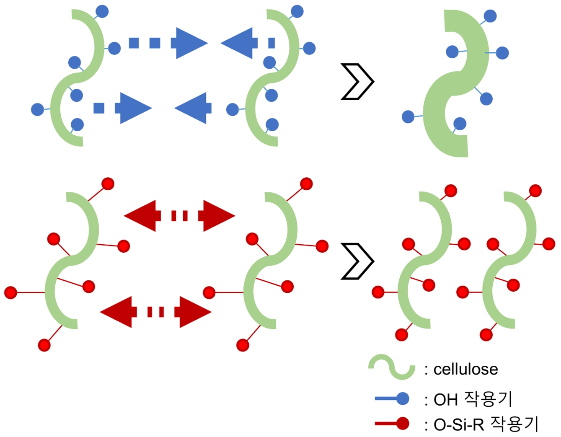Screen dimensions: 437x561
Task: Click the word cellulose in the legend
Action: (x=465, y=369)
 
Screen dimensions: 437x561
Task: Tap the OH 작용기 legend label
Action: (x=473, y=399)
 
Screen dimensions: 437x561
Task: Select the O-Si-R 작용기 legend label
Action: (x=485, y=424)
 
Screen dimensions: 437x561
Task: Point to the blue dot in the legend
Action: (x=402, y=398)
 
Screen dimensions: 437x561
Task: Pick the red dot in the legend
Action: (x=402, y=424)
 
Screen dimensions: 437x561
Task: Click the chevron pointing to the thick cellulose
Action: (x=357, y=82)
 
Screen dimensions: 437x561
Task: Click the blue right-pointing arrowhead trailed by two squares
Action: (x=191, y=43)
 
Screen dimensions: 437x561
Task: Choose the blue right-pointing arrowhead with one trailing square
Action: (x=134, y=108)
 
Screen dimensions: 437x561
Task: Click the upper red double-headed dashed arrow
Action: (x=179, y=216)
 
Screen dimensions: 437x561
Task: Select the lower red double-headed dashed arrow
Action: (x=155, y=312)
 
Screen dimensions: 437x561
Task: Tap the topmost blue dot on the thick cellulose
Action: (x=490, y=16)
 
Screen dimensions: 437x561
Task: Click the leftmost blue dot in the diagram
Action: (x=37, y=110)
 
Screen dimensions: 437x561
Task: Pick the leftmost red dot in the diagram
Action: (x=10, y=292)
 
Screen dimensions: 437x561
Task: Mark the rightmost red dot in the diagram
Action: (x=548, y=243)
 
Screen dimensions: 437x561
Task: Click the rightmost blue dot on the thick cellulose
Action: (x=502, y=53)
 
